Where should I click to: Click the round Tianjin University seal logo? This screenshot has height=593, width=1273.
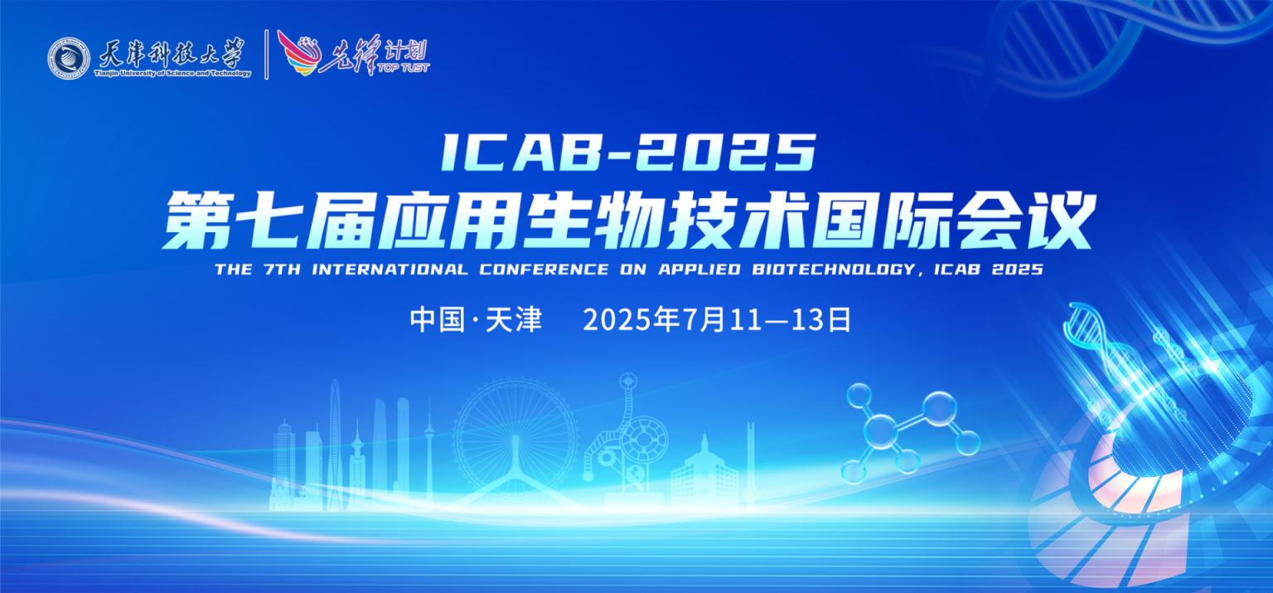(68, 58)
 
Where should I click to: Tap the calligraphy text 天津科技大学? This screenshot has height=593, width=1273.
(172, 54)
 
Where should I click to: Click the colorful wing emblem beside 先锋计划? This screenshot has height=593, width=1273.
(300, 53)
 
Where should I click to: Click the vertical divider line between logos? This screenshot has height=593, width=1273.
(267, 55)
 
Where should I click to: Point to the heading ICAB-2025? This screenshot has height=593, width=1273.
(629, 153)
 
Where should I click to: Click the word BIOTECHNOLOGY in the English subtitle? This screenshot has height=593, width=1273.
(834, 270)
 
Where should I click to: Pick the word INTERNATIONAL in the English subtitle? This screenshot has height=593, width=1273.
(390, 270)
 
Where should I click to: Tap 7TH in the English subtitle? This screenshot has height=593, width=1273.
(283, 270)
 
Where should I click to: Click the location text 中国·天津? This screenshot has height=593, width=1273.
(477, 319)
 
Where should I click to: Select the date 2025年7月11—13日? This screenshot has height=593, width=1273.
(717, 319)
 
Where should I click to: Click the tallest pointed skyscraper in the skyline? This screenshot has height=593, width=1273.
(336, 444)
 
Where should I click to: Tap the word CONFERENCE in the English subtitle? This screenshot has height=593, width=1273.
(544, 270)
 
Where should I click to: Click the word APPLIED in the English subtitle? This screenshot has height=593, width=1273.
(699, 270)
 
